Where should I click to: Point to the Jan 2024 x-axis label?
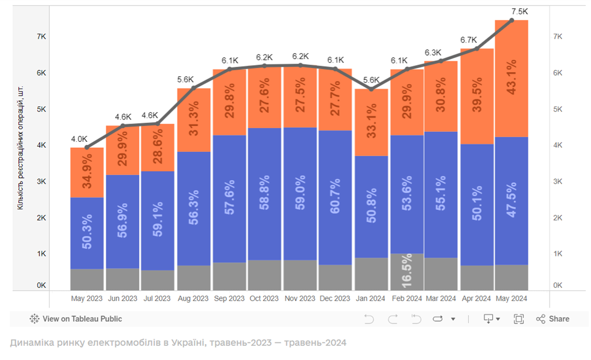[x=371, y=299]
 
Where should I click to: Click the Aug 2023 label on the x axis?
[x=193, y=299]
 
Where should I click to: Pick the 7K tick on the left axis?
[x=41, y=37]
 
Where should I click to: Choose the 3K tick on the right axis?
[x=557, y=181]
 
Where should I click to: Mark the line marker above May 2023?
[x=87, y=147]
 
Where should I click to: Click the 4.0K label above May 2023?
[x=79, y=140]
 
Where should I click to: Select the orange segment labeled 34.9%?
[x=87, y=173]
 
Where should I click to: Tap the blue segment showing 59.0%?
[x=300, y=194]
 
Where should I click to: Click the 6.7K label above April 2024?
[x=469, y=40]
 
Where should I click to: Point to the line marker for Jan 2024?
[x=371, y=89]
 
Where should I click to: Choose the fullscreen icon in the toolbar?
[x=518, y=319]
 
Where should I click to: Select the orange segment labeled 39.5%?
[x=477, y=96]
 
